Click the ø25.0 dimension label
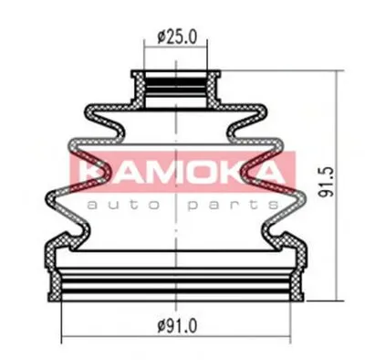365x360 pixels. pos(177,37)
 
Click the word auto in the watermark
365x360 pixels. pos(123,205)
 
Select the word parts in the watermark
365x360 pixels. pos(233,206)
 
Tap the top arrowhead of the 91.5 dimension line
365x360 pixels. pos(337,72)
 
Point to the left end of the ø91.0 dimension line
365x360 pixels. pos(62,337)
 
